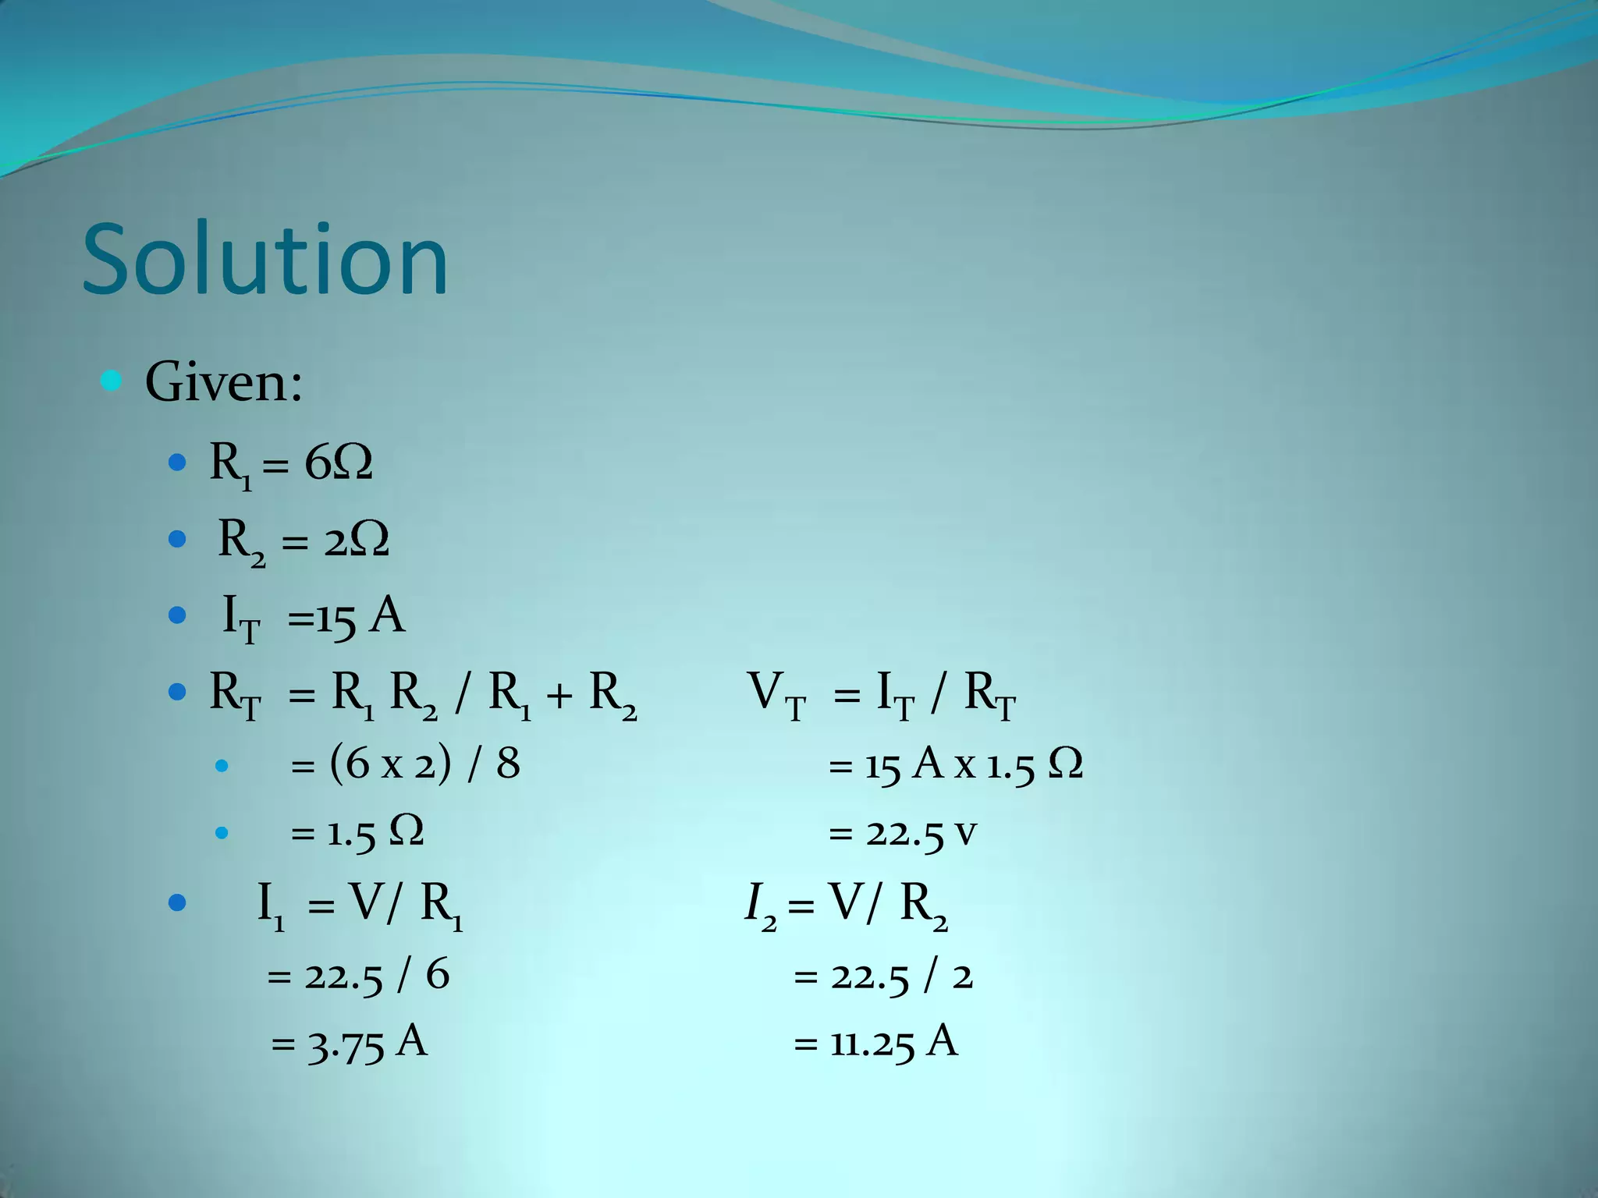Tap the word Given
tap(223, 383)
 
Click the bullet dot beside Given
tap(112, 381)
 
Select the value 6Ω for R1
tap(338, 463)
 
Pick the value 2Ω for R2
tap(357, 540)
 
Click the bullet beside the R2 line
tap(177, 539)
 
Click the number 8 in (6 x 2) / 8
tap(508, 763)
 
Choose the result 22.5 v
tap(921, 833)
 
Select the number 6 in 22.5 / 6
tap(438, 975)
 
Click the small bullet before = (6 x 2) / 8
tap(222, 765)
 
